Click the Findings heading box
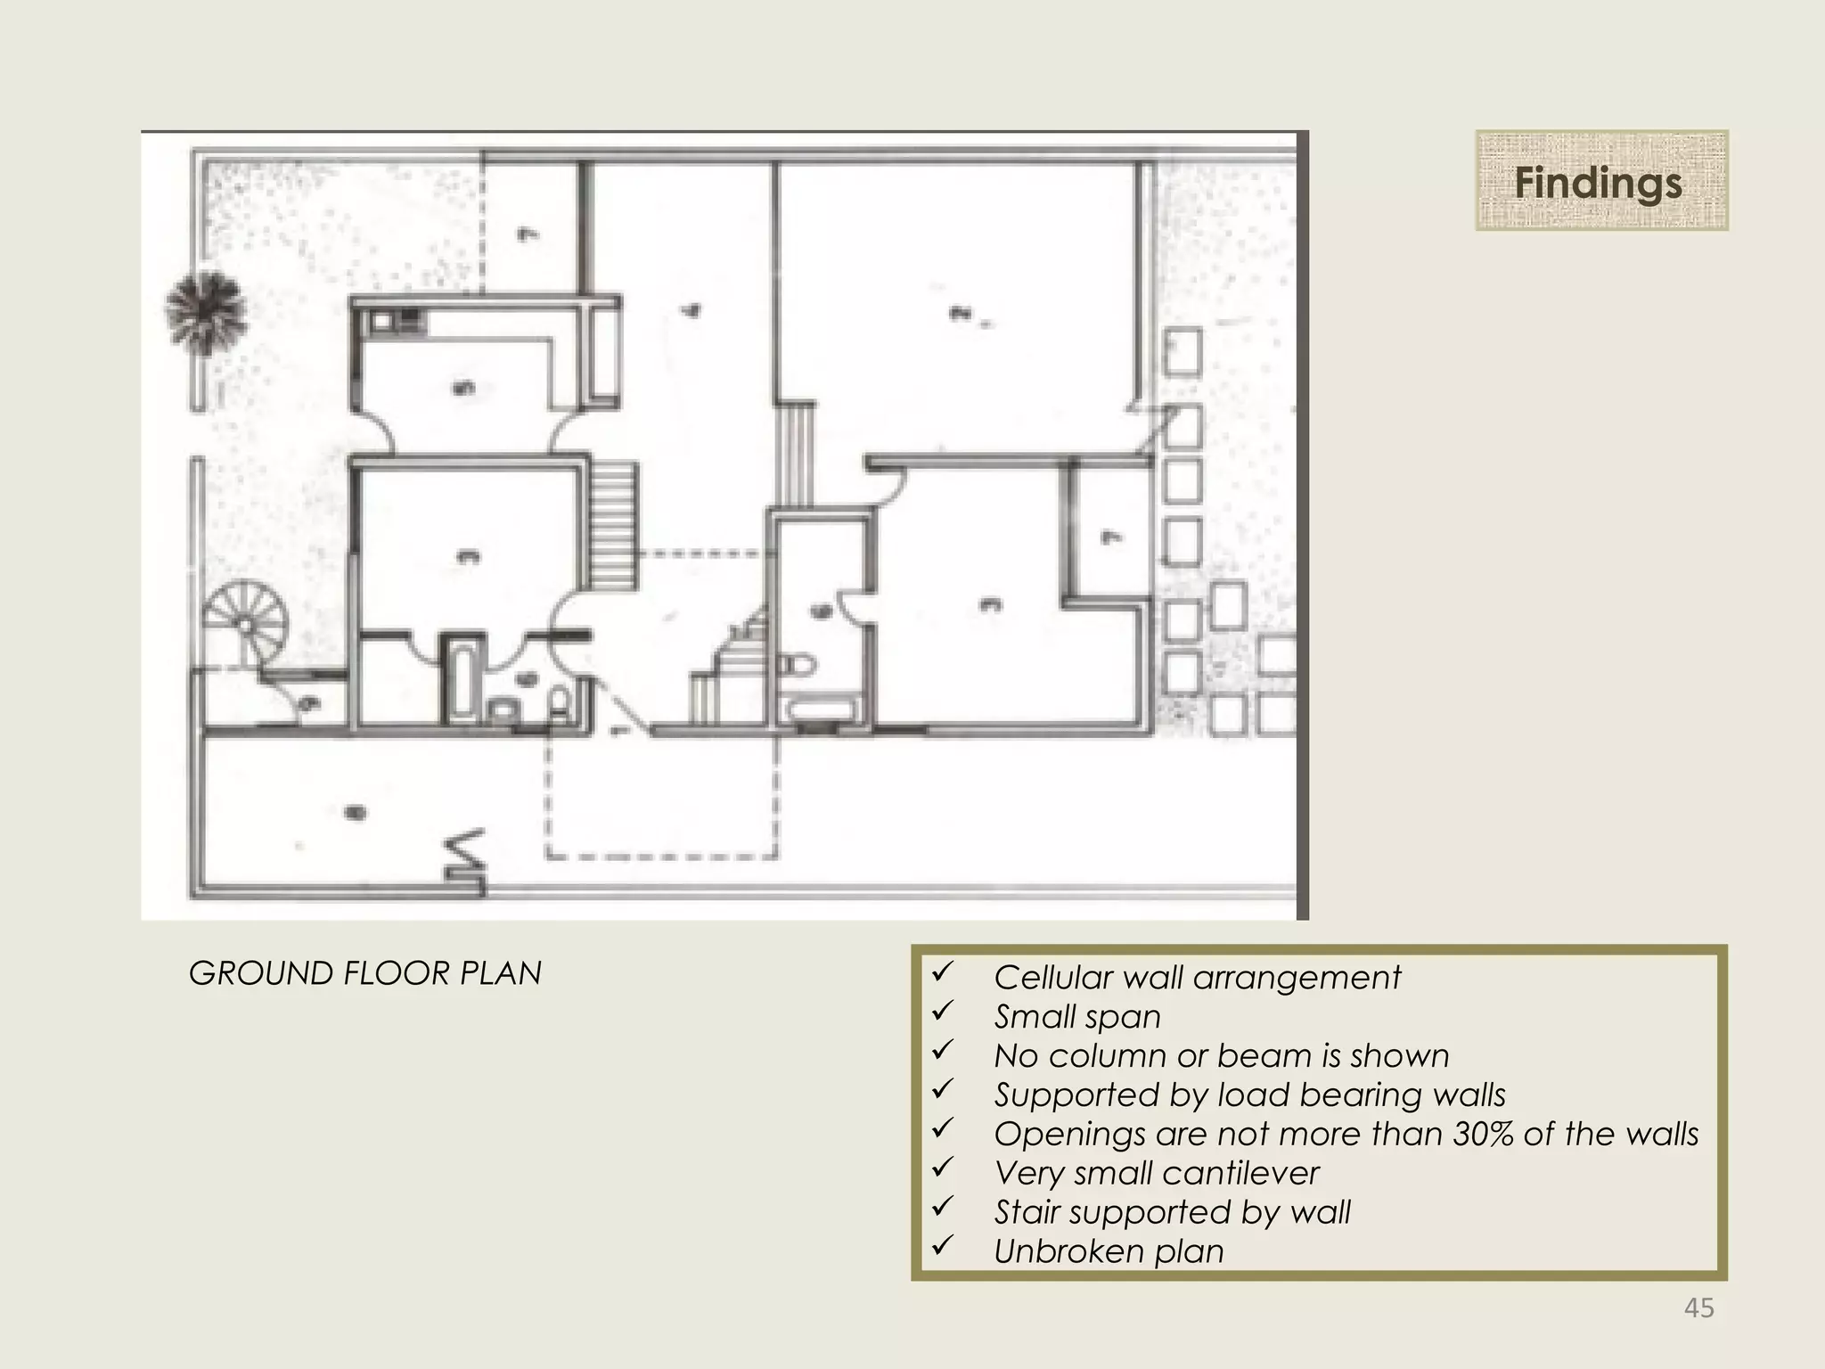point(1601,181)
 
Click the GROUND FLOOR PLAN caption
point(364,972)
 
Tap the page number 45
point(1698,1308)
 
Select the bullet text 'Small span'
point(1076,1016)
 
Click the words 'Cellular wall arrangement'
point(1197,977)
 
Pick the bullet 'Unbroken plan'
point(1108,1251)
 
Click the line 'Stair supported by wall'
point(1172,1212)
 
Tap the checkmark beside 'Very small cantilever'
point(943,1167)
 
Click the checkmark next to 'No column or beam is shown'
point(943,1049)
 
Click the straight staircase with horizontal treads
point(614,526)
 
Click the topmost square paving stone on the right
point(1183,351)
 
